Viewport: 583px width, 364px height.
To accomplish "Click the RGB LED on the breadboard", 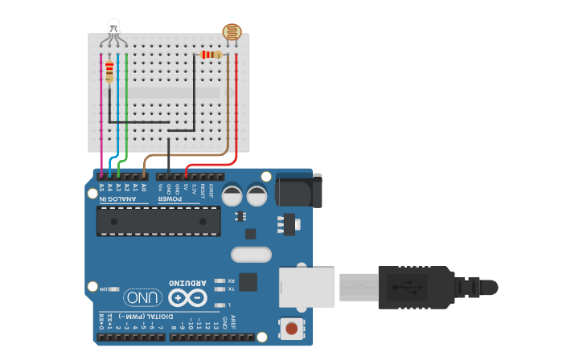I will pyautogui.click(x=113, y=28).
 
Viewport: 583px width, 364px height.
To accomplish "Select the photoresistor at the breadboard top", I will pyautogui.click(x=232, y=33).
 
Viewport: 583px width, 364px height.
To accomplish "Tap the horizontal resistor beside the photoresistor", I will pyautogui.click(x=211, y=55).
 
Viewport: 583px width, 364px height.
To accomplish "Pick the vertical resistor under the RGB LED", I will pyautogui.click(x=109, y=72).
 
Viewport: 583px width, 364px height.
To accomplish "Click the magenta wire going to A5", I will pyautogui.click(x=101, y=121).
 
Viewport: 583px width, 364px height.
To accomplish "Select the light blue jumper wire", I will pyautogui.click(x=118, y=112).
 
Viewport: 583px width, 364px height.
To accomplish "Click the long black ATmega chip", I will pyautogui.click(x=158, y=221).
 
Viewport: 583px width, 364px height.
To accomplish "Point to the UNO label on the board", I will pyautogui.click(x=143, y=298).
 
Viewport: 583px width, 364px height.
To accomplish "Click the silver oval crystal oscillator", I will pyautogui.click(x=251, y=255).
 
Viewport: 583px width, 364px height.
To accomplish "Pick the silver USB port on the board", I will pyautogui.click(x=306, y=287).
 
